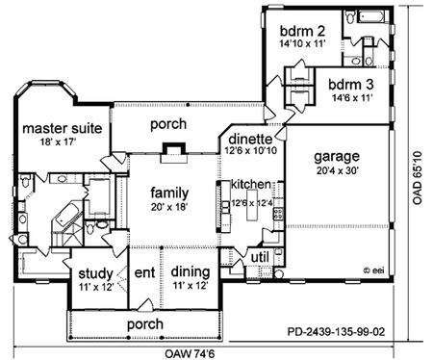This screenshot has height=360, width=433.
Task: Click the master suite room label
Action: tap(63, 128)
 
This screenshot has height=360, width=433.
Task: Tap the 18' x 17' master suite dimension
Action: tap(58, 141)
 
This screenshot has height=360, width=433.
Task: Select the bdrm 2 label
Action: tap(302, 31)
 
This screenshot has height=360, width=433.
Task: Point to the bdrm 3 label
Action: tap(351, 85)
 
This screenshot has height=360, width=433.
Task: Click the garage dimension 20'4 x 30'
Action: tap(337, 170)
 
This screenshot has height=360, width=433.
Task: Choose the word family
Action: tap(169, 193)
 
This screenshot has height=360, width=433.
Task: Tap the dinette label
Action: tap(250, 139)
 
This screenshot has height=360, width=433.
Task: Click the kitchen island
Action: tap(252, 205)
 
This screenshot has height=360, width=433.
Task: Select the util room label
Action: tap(260, 257)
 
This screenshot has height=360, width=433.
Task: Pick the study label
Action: tap(95, 274)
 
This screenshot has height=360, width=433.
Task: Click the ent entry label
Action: tap(144, 272)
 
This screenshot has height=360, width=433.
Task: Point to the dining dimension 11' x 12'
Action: tap(191, 285)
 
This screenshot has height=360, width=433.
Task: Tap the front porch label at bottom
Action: tap(145, 324)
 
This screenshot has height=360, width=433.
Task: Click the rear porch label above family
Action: tap(168, 124)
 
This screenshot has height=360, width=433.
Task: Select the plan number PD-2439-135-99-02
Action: tap(336, 331)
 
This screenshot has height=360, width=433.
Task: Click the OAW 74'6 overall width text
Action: tap(190, 354)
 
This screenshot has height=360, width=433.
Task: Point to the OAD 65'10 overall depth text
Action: tap(418, 177)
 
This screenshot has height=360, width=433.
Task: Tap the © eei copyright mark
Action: tap(373, 270)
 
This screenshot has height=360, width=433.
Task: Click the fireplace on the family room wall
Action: tap(174, 153)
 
